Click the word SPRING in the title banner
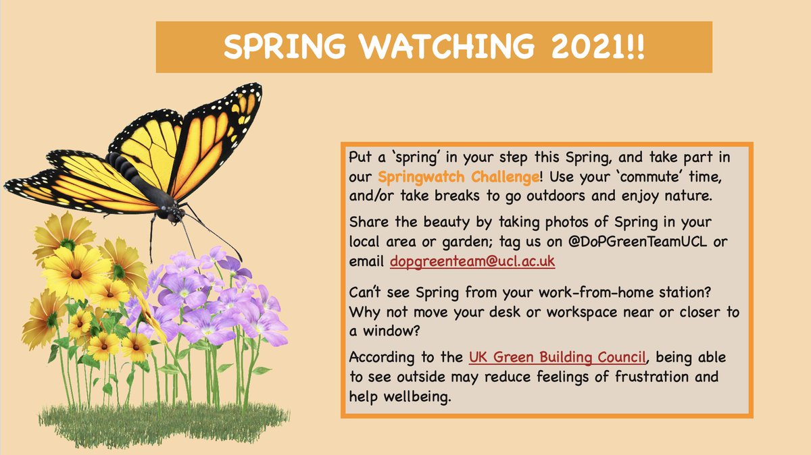285,47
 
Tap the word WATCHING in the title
447,47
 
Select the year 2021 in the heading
589,47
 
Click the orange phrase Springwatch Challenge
459,177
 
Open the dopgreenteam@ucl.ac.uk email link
472,261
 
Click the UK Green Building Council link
557,357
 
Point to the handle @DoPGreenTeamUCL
637,242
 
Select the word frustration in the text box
652,377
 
